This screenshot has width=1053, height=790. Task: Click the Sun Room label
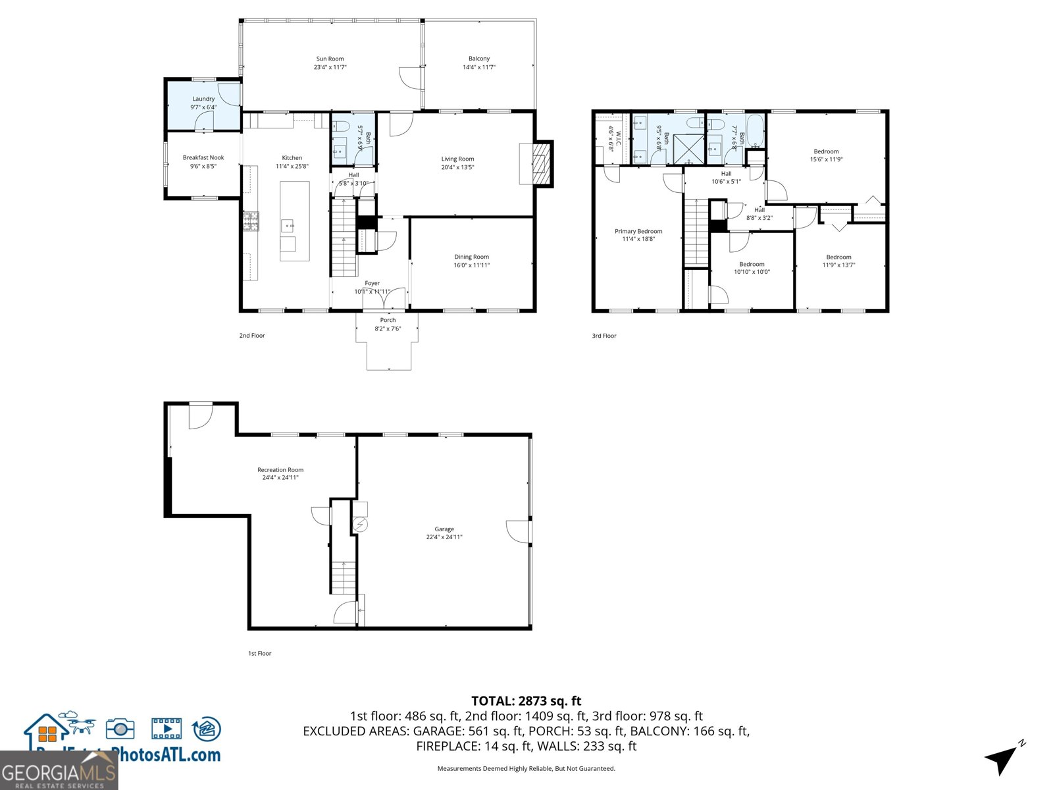pos(330,59)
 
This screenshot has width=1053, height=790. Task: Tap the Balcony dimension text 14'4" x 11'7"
pos(478,67)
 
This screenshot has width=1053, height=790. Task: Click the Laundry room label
pos(203,99)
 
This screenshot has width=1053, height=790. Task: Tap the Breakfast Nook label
pos(203,157)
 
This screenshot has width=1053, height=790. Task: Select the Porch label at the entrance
pos(388,320)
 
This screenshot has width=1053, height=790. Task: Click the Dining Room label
pos(471,257)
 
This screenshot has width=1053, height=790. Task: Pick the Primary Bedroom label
pos(638,231)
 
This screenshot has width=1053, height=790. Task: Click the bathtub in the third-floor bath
pos(756,132)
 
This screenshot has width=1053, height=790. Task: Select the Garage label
pos(444,529)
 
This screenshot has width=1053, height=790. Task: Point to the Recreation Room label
pos(280,469)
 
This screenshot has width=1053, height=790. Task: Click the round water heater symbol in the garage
pos(360,525)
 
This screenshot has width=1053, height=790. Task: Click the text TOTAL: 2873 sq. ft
pos(526,701)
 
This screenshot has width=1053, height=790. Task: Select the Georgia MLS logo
pos(59,771)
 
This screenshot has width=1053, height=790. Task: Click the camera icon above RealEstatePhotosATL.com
pos(120,729)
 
